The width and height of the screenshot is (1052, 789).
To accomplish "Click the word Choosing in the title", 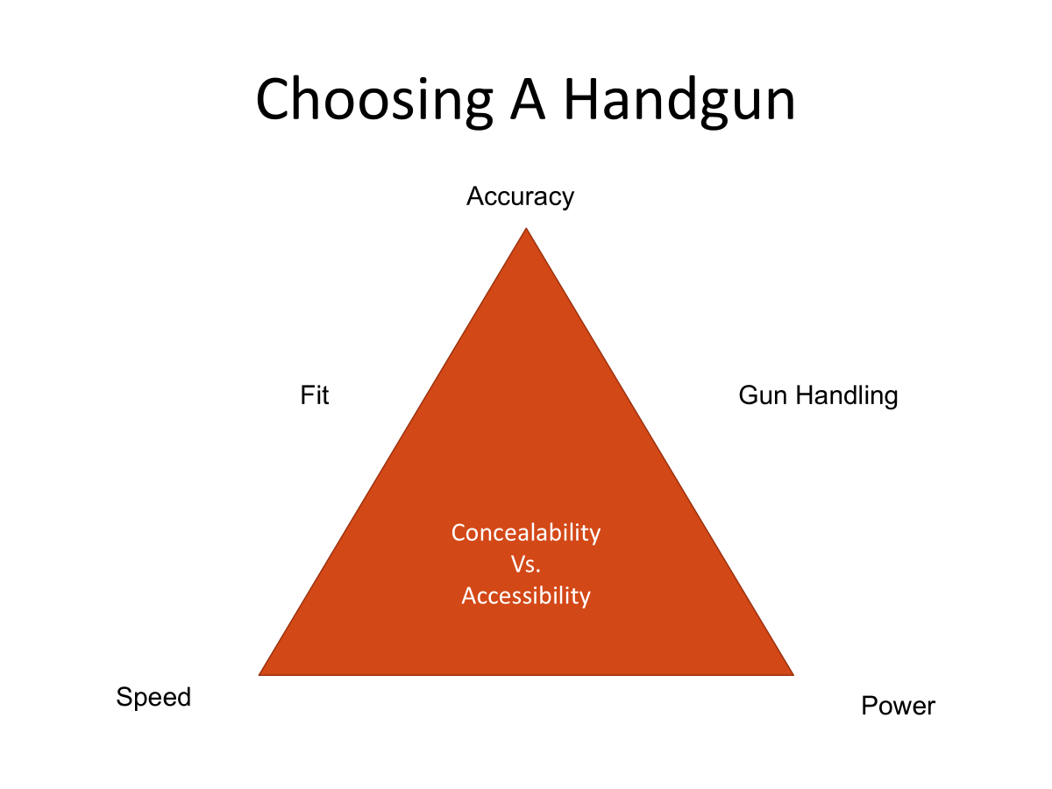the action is click(x=374, y=102).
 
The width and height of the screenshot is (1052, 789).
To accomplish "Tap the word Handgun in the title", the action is click(x=679, y=101).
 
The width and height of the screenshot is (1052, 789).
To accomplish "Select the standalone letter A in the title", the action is click(x=528, y=98).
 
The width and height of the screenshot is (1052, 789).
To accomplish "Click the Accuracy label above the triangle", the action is click(x=520, y=197).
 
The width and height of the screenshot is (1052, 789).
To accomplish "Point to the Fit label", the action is click(x=315, y=395).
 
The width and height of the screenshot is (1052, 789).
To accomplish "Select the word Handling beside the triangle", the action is click(x=847, y=396).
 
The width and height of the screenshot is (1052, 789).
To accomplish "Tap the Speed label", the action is click(x=153, y=697).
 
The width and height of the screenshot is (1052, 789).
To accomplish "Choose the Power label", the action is click(x=898, y=706).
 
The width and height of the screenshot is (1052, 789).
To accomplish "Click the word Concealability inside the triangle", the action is click(x=526, y=533).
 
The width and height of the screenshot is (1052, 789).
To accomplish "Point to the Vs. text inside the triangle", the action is click(x=526, y=565).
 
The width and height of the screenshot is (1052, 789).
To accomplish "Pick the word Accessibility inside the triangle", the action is click(x=526, y=596).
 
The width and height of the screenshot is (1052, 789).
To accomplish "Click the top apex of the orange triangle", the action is click(x=526, y=228).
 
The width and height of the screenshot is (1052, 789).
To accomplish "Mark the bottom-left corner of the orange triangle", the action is click(x=259, y=675).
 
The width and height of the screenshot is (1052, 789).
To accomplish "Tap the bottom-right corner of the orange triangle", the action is click(x=793, y=675).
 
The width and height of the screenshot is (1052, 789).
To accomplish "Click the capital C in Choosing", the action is click(x=273, y=99).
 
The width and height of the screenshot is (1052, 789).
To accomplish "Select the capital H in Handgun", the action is click(x=581, y=98).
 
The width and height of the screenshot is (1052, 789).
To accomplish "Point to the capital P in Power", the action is click(x=870, y=706).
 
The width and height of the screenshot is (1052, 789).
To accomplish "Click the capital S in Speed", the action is click(x=125, y=697).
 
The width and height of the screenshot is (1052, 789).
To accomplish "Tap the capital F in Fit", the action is click(x=307, y=395).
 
